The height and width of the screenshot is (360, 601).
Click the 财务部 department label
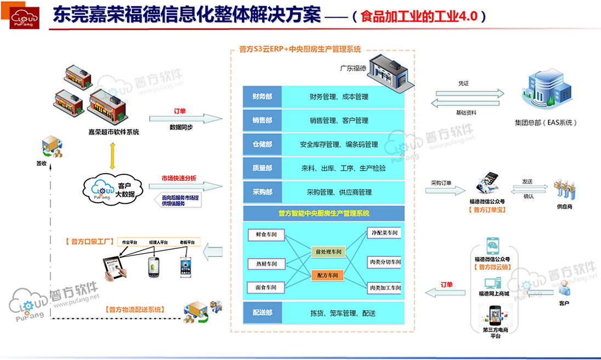coord(262,97)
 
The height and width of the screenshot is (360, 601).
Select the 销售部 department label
coord(262,121)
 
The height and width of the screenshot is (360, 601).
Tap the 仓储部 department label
coord(262,145)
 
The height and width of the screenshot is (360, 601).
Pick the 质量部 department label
coord(262,168)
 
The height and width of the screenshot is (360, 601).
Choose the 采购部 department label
coord(262,192)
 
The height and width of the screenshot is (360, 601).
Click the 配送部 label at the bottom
coord(262,313)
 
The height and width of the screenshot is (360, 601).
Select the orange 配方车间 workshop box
coord(328,275)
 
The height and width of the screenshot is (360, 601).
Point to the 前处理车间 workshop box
coord(328,252)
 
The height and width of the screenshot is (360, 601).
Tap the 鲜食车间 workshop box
coord(266,235)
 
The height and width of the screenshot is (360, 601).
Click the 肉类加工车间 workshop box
coord(385,287)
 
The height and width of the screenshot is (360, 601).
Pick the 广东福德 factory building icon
coord(389,72)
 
